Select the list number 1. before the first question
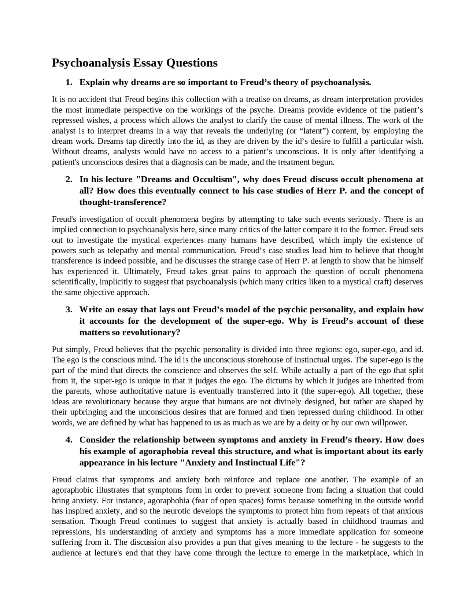coord(69,82)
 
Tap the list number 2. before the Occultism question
coord(69,180)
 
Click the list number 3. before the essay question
coord(69,310)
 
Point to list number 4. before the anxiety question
coord(69,440)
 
